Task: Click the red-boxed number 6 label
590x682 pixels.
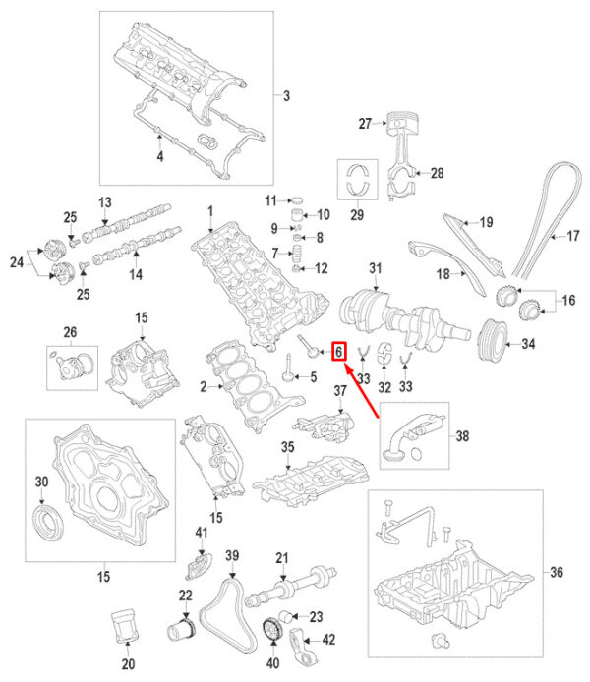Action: [339, 351]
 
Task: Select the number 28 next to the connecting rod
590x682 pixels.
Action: [437, 173]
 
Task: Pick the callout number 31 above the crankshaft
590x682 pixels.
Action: [374, 268]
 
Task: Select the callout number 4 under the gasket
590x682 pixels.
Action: [160, 155]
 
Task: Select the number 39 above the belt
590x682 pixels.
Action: [233, 557]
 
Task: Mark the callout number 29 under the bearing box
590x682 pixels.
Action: [357, 215]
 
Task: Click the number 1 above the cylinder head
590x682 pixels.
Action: [209, 211]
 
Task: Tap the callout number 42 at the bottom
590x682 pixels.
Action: [328, 639]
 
